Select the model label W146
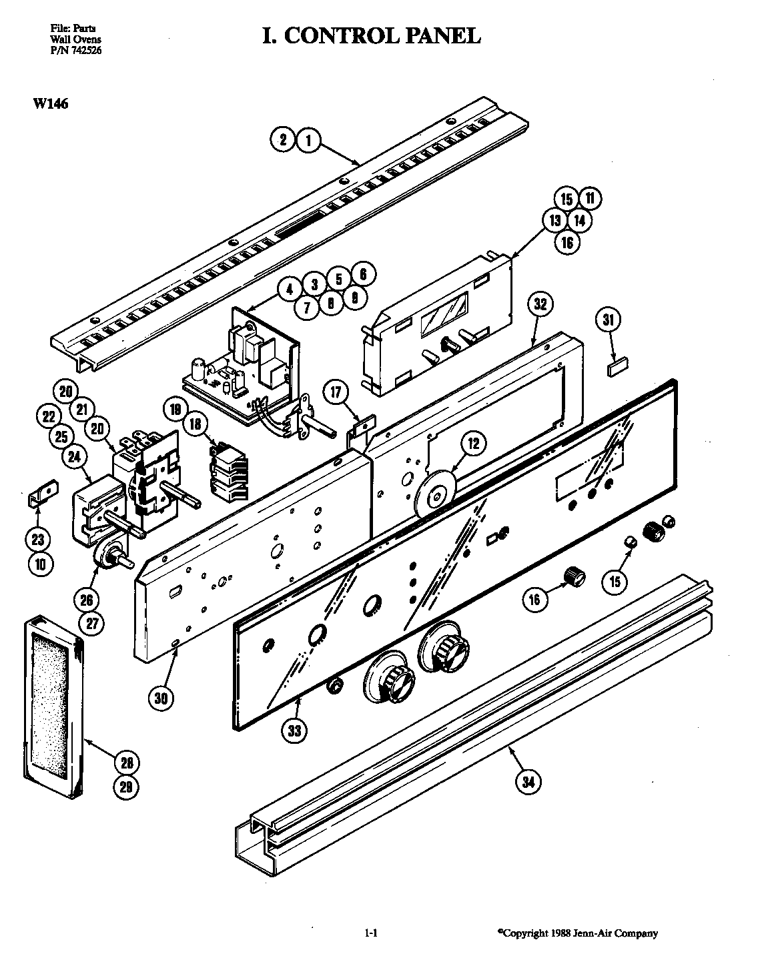pyautogui.click(x=49, y=103)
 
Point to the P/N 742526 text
pyautogui.click(x=76, y=49)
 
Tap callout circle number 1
pyautogui.click(x=308, y=140)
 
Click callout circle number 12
pyautogui.click(x=473, y=442)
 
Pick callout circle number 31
pyautogui.click(x=608, y=321)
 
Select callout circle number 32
pyautogui.click(x=541, y=304)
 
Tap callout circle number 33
pyautogui.click(x=294, y=731)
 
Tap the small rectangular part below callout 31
pyautogui.click(x=616, y=366)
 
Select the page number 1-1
pyautogui.click(x=372, y=933)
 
